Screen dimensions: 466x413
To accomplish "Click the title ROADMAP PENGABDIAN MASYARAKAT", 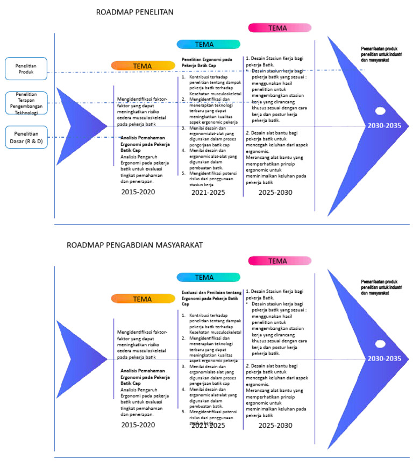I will pos(134,245).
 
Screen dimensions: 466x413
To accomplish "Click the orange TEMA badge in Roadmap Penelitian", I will pos(143,66).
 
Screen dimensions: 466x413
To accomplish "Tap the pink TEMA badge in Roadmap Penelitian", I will pos(280,27).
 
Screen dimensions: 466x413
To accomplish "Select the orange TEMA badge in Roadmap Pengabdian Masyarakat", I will pos(143,299).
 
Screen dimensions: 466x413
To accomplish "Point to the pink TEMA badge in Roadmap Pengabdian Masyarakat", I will pos(280,261).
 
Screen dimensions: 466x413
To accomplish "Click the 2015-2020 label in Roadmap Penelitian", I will pos(138,192).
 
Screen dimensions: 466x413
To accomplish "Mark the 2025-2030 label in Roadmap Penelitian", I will pos(275,192).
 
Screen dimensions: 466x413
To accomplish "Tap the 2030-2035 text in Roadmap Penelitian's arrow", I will pos(384,126).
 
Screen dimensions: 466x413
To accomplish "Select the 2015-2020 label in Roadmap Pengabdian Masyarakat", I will pos(138,425).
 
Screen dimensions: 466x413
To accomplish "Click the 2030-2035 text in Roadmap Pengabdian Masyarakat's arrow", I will pos(384,359).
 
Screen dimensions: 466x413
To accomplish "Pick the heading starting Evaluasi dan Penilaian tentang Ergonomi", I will pos(210,298).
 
